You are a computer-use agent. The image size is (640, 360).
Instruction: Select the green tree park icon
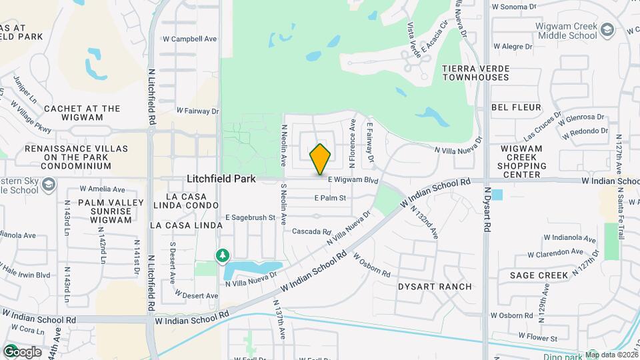coord(222,256)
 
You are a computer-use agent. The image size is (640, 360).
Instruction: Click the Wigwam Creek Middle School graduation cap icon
coord(607,29)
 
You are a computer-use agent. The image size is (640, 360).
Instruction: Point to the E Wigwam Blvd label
coord(354,180)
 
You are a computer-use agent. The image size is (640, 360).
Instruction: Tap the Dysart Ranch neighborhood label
coord(435,287)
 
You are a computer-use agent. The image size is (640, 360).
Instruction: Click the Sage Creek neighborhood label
coord(539,275)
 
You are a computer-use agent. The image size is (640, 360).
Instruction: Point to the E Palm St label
coord(331,198)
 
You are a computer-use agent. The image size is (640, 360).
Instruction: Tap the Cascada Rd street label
coord(312,232)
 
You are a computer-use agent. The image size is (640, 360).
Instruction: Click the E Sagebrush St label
coord(250,217)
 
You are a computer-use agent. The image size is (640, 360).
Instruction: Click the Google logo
coord(22,351)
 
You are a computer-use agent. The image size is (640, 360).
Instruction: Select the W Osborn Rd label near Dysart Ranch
coord(371,265)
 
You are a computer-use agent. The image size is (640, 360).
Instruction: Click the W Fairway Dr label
coord(197,111)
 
